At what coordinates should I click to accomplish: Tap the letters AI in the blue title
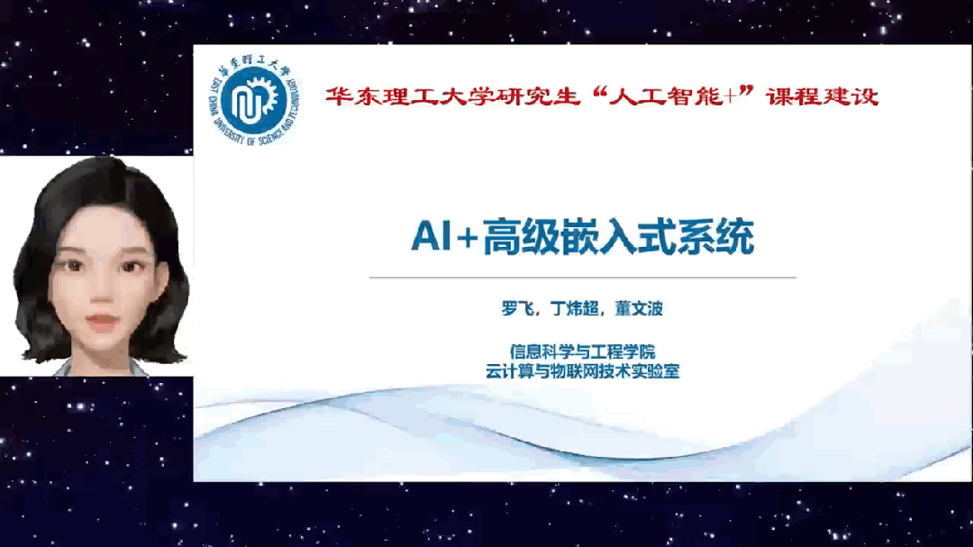click(x=432, y=237)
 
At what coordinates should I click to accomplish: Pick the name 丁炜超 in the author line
click(x=575, y=308)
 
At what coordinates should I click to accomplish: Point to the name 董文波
click(x=639, y=308)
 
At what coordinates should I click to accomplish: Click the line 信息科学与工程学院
click(x=582, y=351)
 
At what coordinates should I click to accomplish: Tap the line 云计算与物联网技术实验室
click(x=582, y=371)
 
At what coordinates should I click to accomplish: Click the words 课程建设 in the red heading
click(x=823, y=96)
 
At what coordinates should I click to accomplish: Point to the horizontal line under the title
click(x=583, y=278)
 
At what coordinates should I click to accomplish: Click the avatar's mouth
click(x=102, y=322)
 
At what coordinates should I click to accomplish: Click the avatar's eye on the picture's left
click(x=73, y=266)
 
